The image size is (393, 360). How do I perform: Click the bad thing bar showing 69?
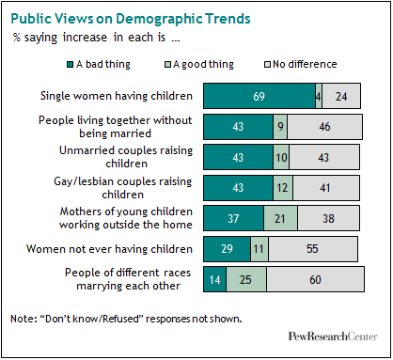pyautogui.click(x=259, y=95)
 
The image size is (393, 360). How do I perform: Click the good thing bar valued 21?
pyautogui.click(x=279, y=218)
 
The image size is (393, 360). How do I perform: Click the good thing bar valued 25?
pyautogui.click(x=245, y=279)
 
